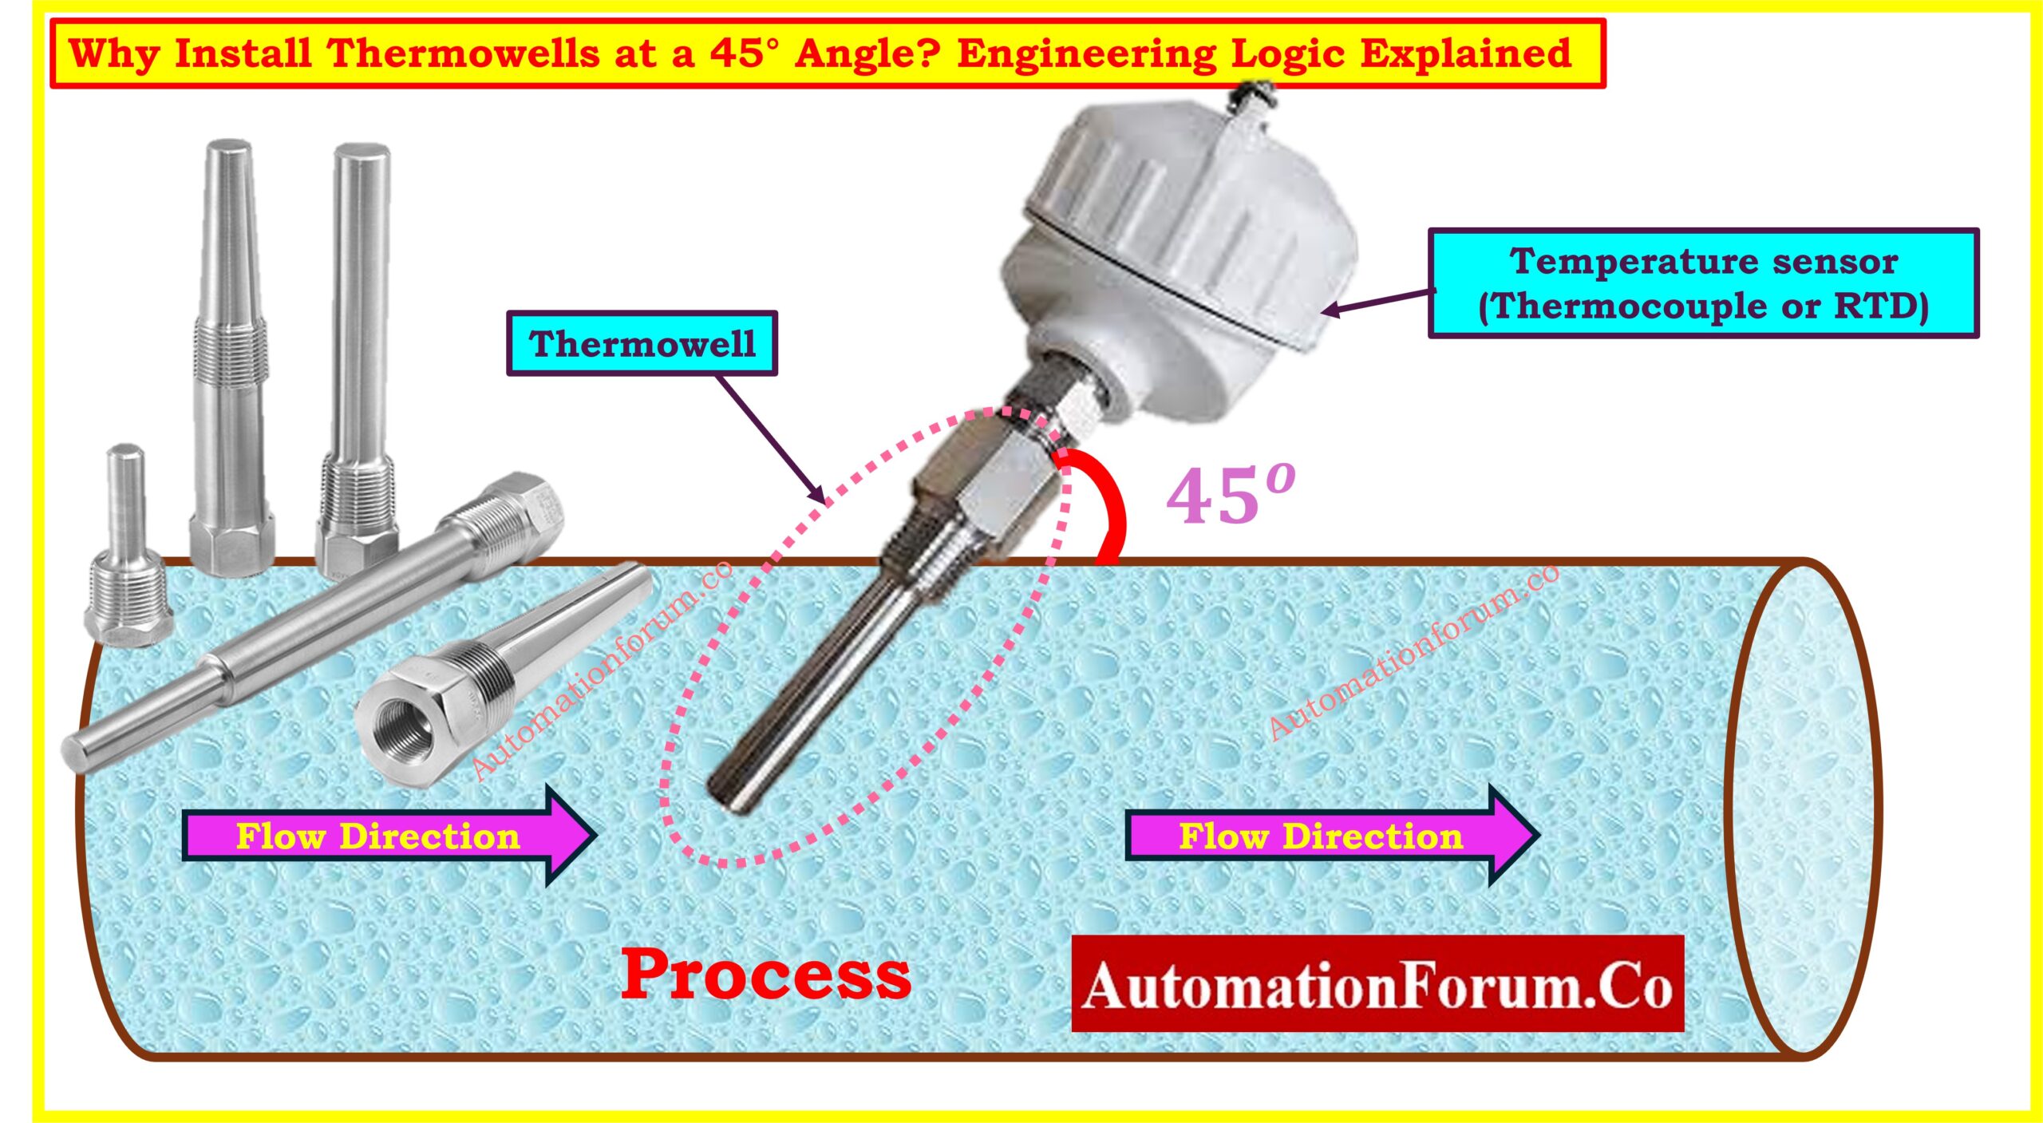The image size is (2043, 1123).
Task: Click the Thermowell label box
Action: click(642, 343)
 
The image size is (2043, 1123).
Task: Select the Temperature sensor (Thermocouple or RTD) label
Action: click(1703, 283)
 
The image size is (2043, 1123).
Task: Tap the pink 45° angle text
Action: click(1230, 495)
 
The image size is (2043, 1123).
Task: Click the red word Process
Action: click(766, 975)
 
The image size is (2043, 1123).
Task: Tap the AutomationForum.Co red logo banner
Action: click(1377, 984)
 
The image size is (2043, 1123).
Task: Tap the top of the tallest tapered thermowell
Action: click(229, 148)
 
